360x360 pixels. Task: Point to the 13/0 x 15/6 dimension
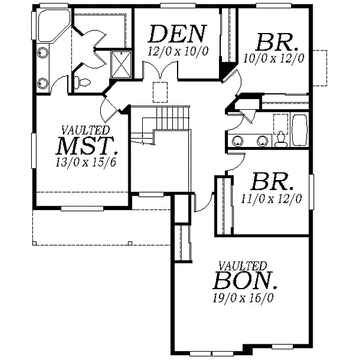point(86,163)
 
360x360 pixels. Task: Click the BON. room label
point(245,280)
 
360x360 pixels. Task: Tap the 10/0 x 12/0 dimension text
point(274,58)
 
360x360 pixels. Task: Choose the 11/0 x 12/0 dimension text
point(271,197)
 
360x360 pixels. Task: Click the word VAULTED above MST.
point(86,130)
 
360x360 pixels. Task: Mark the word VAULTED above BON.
point(242,265)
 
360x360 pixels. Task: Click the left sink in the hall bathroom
point(238,142)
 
